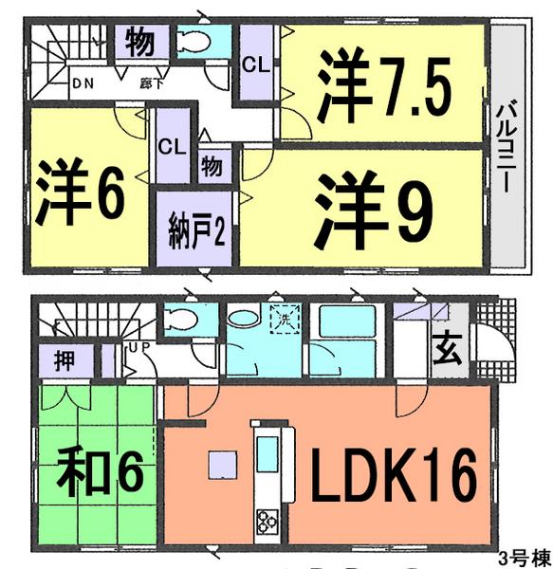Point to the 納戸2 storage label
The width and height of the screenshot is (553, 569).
tap(196, 230)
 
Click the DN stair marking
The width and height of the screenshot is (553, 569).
tap(83, 82)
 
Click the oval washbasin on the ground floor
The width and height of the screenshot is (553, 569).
tap(243, 320)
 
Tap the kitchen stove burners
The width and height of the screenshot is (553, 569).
tap(264, 520)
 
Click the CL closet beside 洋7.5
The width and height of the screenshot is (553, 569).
tap(254, 65)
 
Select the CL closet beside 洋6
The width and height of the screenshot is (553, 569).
tap(171, 147)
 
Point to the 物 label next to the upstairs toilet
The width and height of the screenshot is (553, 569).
tap(139, 42)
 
